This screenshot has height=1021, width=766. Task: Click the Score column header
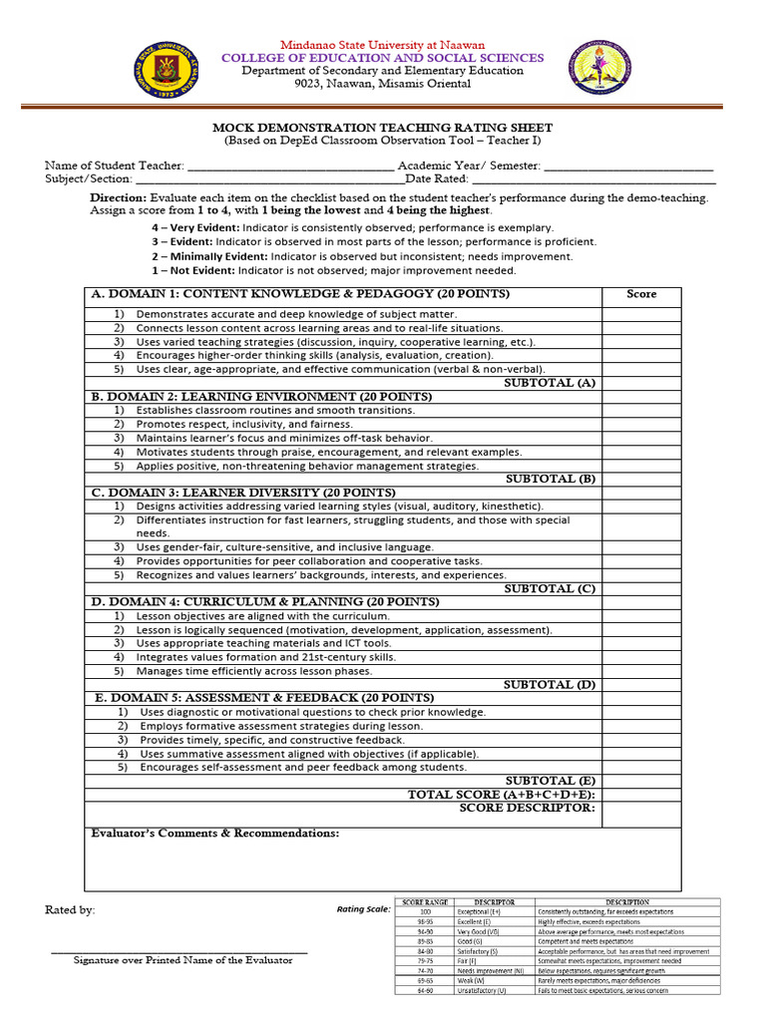641,294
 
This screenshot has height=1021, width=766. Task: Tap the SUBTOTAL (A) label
550,383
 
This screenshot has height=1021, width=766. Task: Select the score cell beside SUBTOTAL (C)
641,589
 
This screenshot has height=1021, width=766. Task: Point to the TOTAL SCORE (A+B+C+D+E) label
502,795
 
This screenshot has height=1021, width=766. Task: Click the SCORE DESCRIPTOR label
527,809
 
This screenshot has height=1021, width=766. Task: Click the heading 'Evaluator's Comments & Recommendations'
214,834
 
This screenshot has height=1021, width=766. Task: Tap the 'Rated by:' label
70,910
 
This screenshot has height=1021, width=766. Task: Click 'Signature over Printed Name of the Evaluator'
183,960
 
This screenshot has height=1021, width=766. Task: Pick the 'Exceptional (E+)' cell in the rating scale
479,911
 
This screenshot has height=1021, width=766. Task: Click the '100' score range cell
425,911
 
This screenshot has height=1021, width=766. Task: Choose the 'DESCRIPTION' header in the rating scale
626,901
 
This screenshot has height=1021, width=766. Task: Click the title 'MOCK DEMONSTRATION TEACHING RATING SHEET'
382,128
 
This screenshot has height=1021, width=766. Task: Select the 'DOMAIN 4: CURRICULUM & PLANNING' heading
265,602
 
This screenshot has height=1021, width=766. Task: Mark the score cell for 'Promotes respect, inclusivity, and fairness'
641,424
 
